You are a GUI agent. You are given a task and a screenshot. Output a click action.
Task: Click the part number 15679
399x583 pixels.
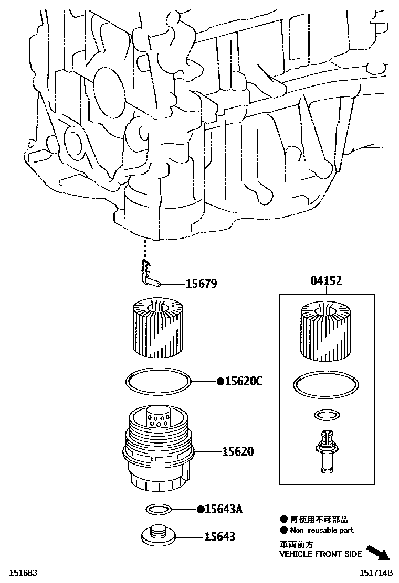click(x=201, y=284)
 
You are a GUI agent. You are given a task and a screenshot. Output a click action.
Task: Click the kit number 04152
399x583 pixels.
click(x=326, y=281)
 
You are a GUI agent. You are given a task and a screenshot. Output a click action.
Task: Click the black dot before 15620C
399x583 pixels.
click(x=220, y=382)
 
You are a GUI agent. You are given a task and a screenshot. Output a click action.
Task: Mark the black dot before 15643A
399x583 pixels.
click(x=200, y=509)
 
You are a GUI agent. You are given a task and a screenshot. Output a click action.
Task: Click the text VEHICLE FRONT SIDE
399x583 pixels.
click(x=320, y=554)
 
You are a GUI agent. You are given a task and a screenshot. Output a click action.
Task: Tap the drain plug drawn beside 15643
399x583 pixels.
click(x=157, y=535)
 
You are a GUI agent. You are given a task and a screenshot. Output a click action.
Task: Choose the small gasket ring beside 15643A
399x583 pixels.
click(x=157, y=509)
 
